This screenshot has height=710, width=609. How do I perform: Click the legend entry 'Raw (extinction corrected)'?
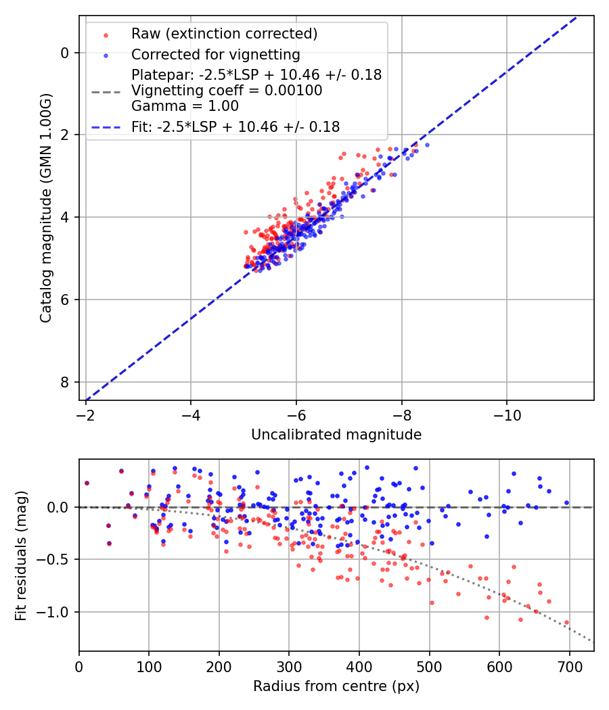(x=224, y=34)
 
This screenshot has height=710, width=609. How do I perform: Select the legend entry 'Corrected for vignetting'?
(x=215, y=54)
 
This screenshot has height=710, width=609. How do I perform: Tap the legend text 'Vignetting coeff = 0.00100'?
(x=227, y=91)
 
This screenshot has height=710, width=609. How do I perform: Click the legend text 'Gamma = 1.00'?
(x=185, y=106)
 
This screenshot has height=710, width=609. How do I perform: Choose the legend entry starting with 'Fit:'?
(x=235, y=126)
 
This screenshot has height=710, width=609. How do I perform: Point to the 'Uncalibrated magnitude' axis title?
(x=336, y=435)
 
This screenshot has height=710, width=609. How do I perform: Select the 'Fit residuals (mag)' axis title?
(x=22, y=554)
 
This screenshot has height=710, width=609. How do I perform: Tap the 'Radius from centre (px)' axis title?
(x=336, y=686)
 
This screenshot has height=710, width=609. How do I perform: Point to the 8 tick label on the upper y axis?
(x=66, y=382)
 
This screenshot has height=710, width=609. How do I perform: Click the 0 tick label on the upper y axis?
(x=66, y=53)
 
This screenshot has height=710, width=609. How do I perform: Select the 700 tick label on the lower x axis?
(x=569, y=666)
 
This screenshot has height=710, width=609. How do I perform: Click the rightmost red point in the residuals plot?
(x=566, y=622)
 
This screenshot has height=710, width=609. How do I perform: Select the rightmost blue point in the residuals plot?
(x=566, y=502)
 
